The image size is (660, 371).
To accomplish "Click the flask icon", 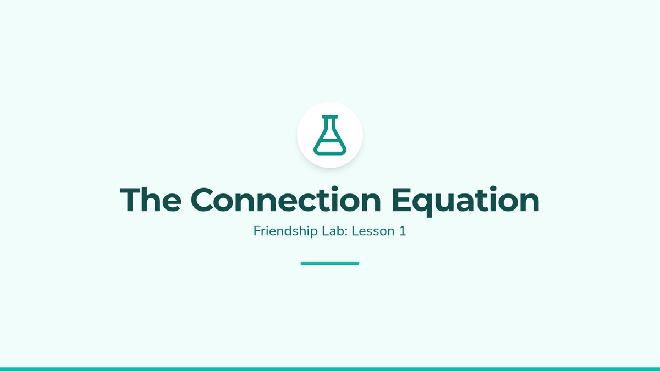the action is click(329, 135).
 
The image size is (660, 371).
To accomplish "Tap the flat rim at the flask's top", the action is click(329, 117).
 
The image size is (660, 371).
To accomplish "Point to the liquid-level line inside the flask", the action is click(329, 141).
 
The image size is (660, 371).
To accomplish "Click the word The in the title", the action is click(151, 199).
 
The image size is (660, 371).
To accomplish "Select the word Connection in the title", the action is click(286, 199).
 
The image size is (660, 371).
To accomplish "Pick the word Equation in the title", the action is click(465, 201).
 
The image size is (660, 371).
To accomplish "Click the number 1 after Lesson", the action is click(403, 231).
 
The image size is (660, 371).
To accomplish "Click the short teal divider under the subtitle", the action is click(329, 263).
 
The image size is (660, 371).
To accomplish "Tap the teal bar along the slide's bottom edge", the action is click(330, 369).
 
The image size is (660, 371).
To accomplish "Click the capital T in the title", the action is click(130, 200).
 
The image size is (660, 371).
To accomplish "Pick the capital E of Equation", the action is click(402, 200).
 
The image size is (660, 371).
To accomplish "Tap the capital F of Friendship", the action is click(257, 231).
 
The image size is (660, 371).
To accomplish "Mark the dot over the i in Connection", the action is click(335, 189).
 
